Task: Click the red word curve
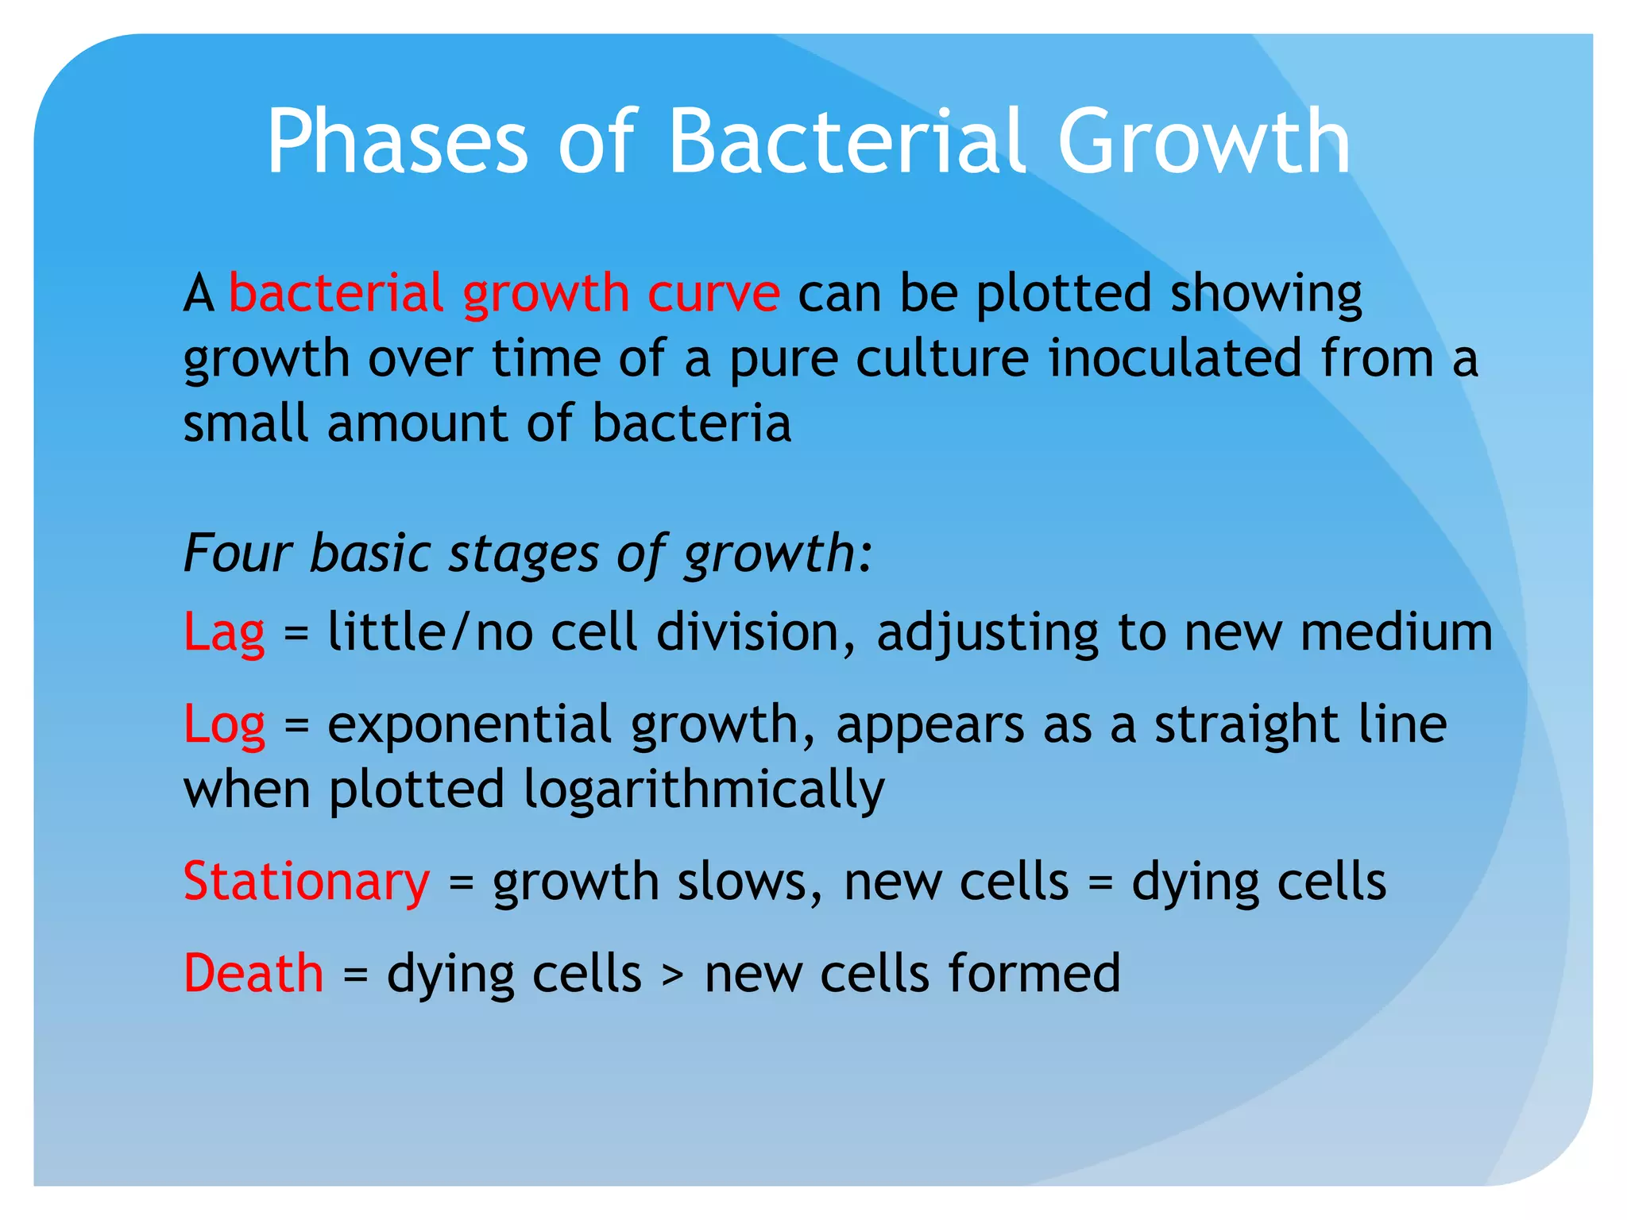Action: tap(713, 294)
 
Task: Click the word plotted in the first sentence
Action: tap(1063, 294)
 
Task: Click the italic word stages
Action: tap(523, 554)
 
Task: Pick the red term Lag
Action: tap(224, 634)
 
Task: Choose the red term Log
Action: tap(224, 726)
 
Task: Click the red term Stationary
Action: tap(307, 882)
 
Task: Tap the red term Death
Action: tap(253, 974)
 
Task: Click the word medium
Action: tap(1397, 634)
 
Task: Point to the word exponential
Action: tap(470, 726)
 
